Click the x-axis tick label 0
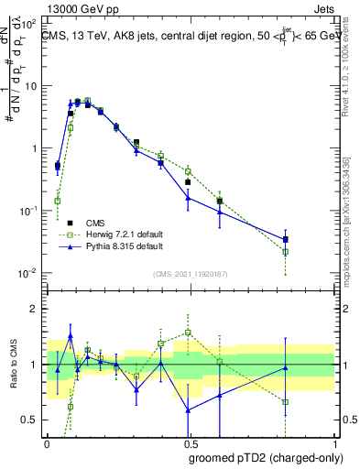pyautogui.click(x=47, y=442)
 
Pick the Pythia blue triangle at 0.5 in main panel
pyautogui.click(x=188, y=197)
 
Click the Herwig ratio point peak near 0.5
pyautogui.click(x=188, y=333)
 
